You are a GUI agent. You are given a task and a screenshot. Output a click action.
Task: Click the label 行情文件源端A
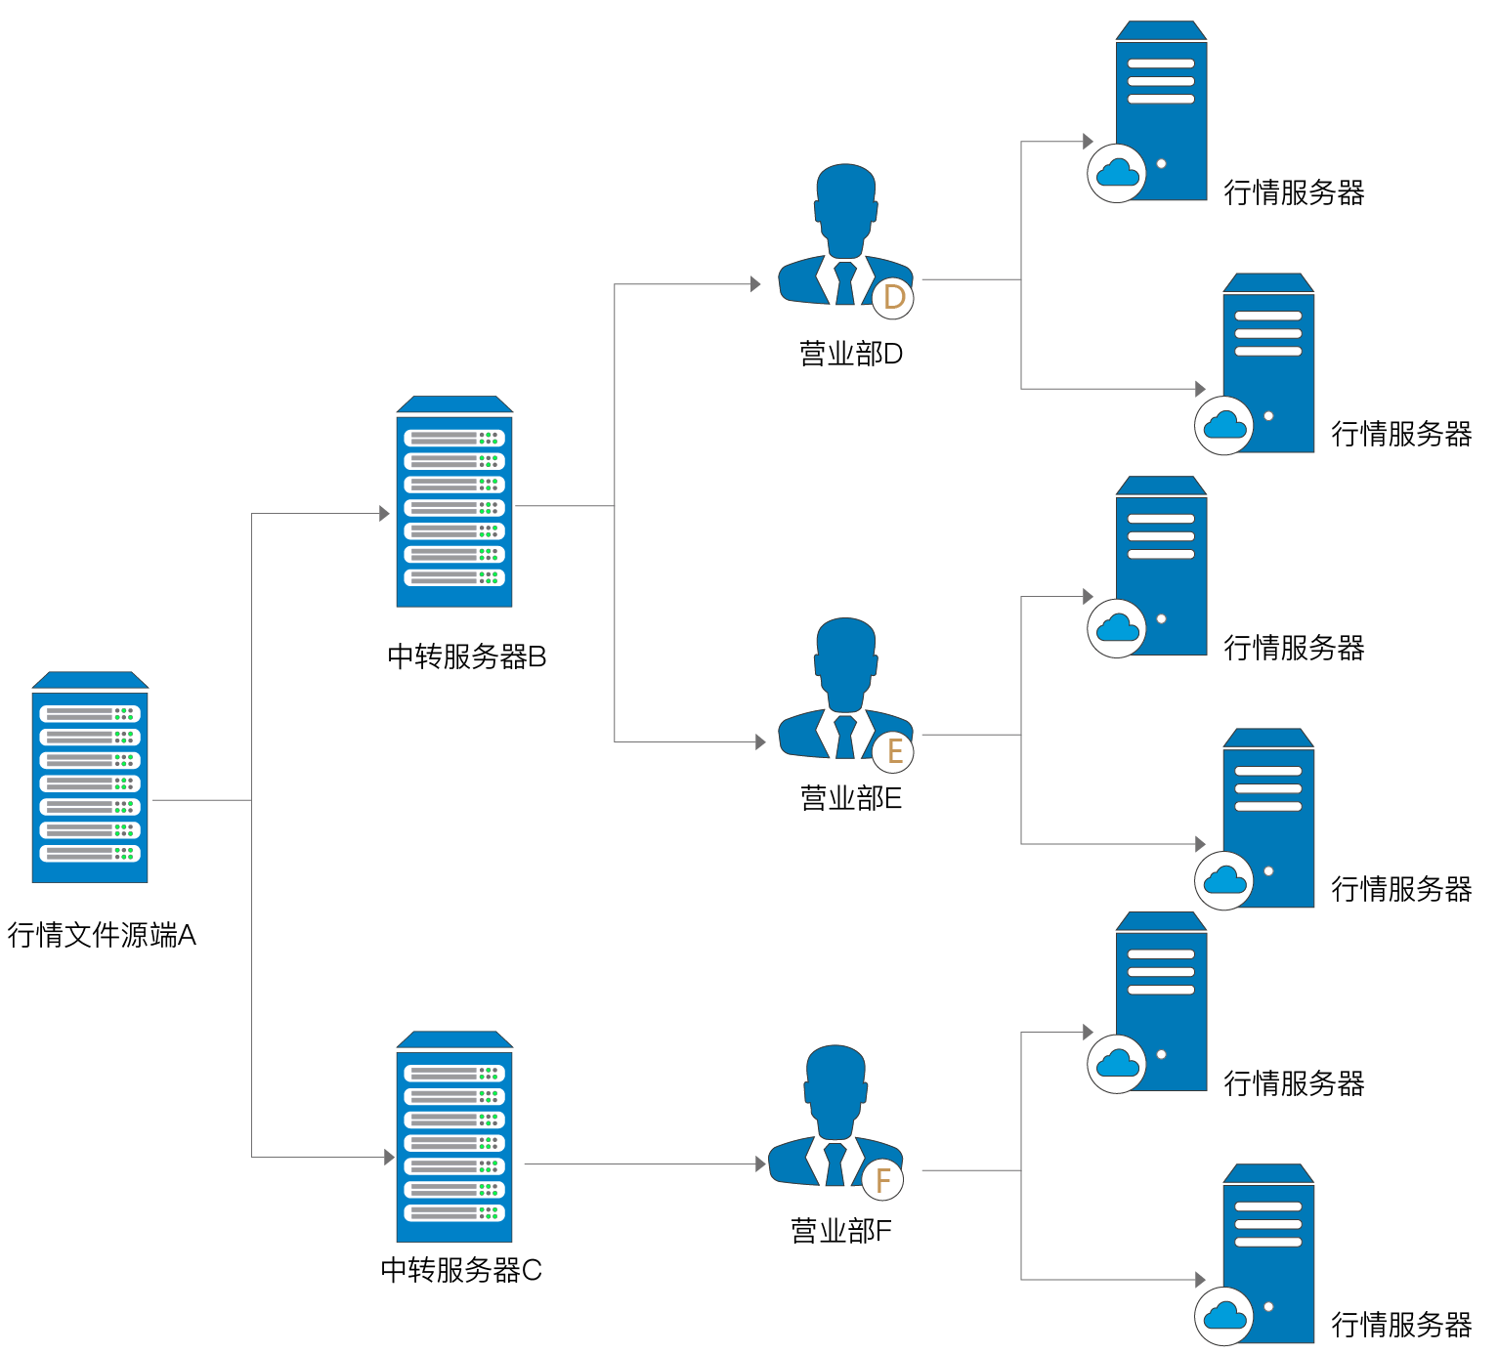(102, 935)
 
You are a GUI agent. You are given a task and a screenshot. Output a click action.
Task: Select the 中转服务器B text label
(467, 656)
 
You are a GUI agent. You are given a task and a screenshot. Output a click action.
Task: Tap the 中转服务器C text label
(461, 1270)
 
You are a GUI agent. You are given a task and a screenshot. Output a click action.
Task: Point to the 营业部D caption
(851, 354)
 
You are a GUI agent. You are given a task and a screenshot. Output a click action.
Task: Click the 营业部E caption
(851, 798)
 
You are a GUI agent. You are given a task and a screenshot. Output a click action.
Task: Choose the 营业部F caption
(841, 1231)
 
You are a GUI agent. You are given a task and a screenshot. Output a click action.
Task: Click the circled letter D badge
(893, 297)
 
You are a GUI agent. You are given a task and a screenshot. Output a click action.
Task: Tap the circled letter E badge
(893, 751)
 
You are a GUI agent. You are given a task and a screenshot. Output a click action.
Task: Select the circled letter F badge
(882, 1180)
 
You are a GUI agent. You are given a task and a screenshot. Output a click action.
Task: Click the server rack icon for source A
(90, 777)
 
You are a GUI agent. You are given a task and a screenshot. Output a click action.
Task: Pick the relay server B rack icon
(454, 501)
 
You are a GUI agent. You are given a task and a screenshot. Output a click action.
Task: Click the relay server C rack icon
(454, 1136)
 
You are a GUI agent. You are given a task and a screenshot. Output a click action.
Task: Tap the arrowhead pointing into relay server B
(385, 513)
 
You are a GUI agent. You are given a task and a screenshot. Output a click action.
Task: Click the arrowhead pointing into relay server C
(389, 1158)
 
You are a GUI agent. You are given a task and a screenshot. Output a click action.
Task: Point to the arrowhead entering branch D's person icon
(755, 284)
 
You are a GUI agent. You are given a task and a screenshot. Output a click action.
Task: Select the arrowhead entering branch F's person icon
(760, 1164)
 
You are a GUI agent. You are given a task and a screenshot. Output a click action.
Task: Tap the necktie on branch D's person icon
(845, 283)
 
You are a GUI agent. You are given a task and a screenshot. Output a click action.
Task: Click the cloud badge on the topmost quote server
(1117, 173)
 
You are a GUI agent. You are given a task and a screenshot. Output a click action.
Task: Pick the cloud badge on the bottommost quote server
(1224, 1317)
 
